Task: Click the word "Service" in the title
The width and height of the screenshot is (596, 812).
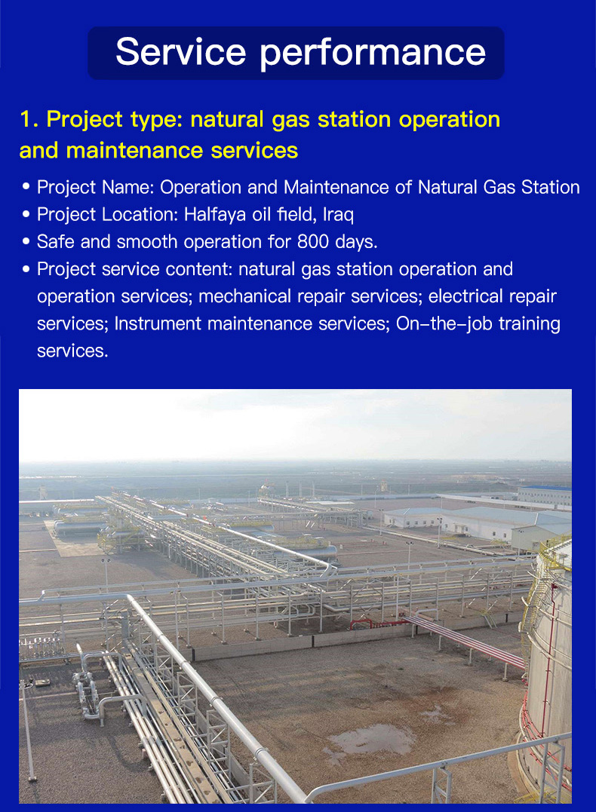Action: pos(181,52)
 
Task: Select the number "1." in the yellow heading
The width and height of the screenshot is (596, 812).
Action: pos(29,119)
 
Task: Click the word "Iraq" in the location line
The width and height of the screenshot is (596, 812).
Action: pos(338,214)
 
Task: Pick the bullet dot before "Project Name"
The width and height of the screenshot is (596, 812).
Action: pos(26,187)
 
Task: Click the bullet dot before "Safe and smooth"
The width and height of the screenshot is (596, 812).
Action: pos(26,242)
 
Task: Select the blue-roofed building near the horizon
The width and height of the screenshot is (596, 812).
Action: pos(544,495)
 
